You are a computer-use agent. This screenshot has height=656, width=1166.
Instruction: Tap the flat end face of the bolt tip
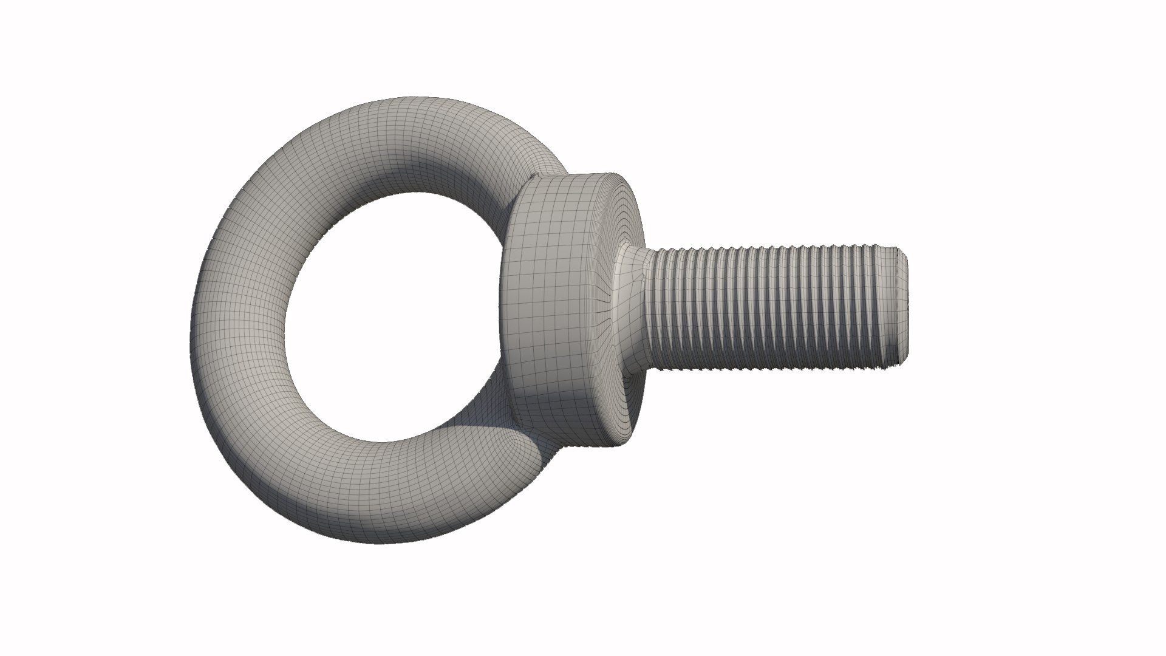pos(903,306)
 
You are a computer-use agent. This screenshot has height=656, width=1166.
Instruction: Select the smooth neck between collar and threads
pos(632,307)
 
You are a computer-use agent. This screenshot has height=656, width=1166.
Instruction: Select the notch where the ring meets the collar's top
pos(533,178)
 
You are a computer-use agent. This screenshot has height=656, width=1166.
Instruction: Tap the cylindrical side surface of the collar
pos(553,304)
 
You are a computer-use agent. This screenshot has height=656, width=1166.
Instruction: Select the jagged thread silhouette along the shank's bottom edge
pos(771,368)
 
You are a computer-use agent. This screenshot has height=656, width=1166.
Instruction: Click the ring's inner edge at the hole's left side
pos(285,316)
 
